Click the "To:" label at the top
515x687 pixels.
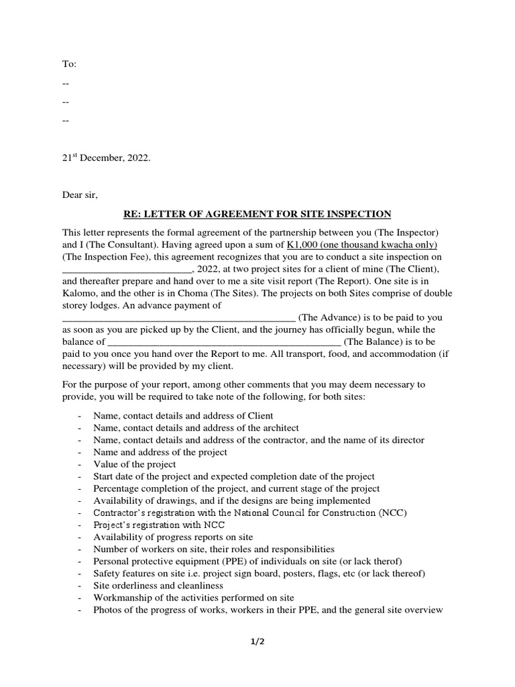[70, 64]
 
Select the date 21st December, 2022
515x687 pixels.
[107, 158]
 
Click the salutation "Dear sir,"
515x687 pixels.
[80, 195]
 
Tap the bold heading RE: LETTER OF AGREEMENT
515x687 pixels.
[257, 214]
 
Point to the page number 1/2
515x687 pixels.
[257, 642]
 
